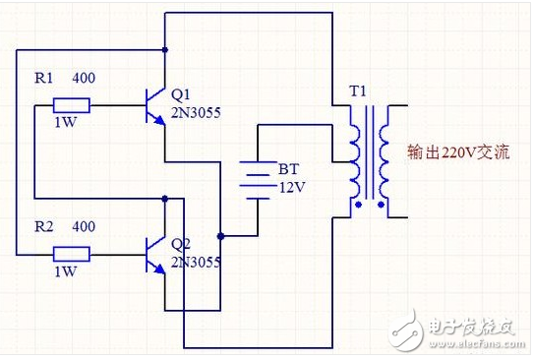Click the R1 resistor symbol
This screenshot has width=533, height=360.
point(71,105)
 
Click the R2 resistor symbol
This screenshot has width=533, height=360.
point(71,255)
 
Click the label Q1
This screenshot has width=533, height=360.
point(182,94)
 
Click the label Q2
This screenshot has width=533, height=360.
point(182,243)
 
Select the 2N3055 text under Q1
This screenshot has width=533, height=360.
point(196,112)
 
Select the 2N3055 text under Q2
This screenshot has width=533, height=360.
point(196,262)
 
